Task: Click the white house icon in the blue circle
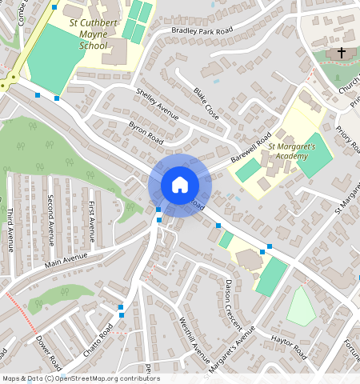(x=180, y=185)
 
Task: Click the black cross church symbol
(x=342, y=53)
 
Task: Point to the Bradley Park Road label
(x=202, y=31)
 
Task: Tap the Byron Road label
(x=146, y=134)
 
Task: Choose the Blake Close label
(x=206, y=103)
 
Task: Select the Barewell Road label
(x=251, y=148)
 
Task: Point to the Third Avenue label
(x=10, y=230)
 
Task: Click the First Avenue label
(x=92, y=222)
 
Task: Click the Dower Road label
(x=48, y=353)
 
